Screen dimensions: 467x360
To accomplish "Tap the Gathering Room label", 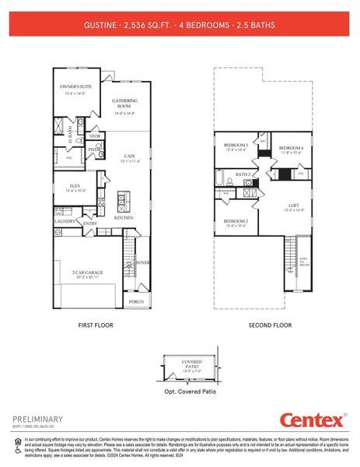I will tap(125, 103).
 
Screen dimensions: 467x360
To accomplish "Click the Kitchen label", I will tap(124, 218).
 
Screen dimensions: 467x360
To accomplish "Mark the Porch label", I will tap(136, 301).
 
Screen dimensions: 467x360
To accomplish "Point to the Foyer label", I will tap(143, 262).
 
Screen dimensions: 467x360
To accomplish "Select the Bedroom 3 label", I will tap(236, 146).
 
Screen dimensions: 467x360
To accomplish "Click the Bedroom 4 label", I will tap(291, 148).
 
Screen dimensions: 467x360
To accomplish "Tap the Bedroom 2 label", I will tap(235, 223).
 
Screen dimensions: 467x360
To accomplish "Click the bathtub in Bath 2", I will tap(223, 182).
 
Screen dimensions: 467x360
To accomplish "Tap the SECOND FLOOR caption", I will tap(270, 325).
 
